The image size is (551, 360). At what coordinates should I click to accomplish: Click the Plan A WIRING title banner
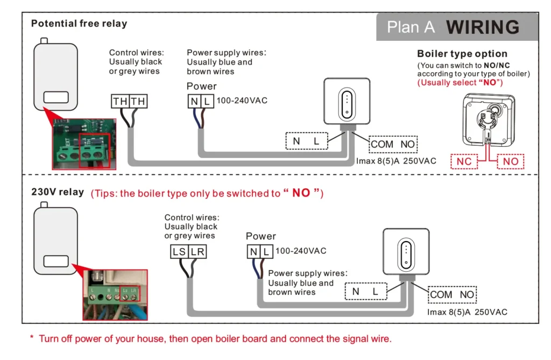click(x=457, y=27)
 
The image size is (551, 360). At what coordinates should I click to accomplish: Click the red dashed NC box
click(x=464, y=161)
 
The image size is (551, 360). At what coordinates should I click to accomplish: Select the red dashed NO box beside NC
click(x=511, y=161)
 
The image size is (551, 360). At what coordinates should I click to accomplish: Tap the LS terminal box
click(x=179, y=251)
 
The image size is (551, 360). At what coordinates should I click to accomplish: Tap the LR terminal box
click(x=197, y=251)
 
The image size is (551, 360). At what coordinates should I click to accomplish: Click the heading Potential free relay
click(x=79, y=24)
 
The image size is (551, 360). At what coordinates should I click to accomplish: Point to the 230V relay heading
click(x=58, y=192)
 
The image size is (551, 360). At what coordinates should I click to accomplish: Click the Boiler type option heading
click(x=462, y=54)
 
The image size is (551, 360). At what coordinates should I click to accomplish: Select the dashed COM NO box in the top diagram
click(x=393, y=144)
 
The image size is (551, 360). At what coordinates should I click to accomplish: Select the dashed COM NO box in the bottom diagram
click(x=452, y=294)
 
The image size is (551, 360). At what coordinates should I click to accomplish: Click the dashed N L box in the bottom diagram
click(x=365, y=292)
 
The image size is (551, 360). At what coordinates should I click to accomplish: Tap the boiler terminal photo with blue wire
click(x=114, y=295)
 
